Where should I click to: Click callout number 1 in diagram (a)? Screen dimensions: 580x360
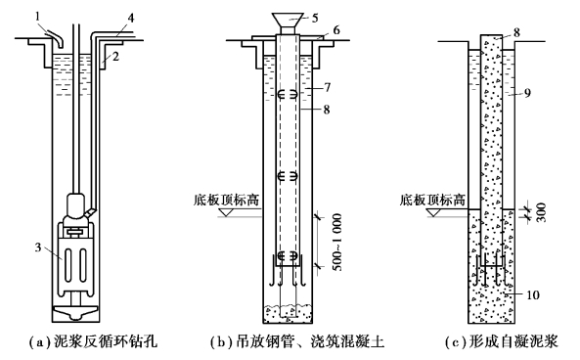tap(38, 16)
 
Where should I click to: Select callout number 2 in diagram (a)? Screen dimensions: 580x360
tap(115, 57)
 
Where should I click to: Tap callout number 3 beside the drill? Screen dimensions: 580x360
tap(38, 247)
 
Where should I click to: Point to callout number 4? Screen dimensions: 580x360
tap(131, 18)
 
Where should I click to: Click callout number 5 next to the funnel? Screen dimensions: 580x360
tap(315, 18)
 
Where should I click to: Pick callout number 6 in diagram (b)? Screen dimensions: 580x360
tap(335, 30)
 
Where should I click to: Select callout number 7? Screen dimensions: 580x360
tap(327, 87)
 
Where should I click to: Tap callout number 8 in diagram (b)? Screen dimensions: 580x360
tap(326, 110)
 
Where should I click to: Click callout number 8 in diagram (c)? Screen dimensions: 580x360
tap(516, 32)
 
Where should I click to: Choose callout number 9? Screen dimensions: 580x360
tap(527, 93)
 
